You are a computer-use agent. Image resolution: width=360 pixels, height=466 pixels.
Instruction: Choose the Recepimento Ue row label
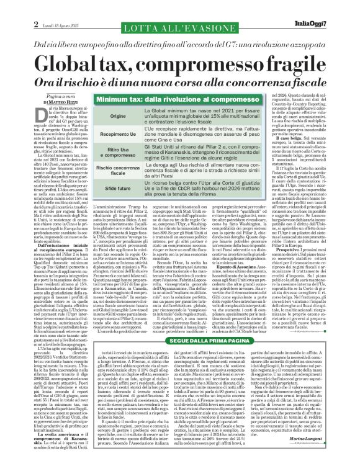(x=117, y=133)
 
